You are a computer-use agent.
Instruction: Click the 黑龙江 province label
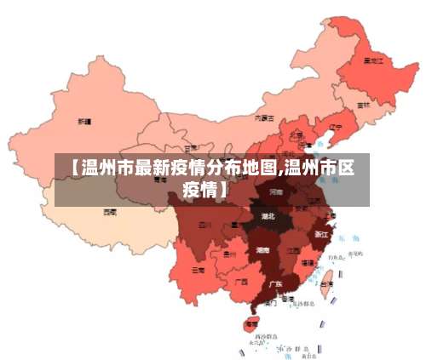pyautogui.click(x=372, y=61)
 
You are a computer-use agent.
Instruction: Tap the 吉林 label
pyautogui.click(x=363, y=104)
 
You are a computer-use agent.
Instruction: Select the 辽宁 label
pyautogui.click(x=335, y=128)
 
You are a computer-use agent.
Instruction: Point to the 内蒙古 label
pyautogui.click(x=265, y=118)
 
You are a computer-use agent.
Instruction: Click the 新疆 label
pyautogui.click(x=84, y=122)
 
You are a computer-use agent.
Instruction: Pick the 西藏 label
pyautogui.click(x=110, y=211)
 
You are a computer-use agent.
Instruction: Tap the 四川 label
pyautogui.click(x=204, y=226)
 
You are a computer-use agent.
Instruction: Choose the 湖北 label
pyautogui.click(x=268, y=216)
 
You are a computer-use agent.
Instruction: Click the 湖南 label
pyautogui.click(x=262, y=251)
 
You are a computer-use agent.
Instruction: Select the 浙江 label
pyautogui.click(x=321, y=233)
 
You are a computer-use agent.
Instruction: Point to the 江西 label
pyautogui.click(x=292, y=251)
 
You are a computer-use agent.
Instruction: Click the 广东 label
pyautogui.click(x=276, y=283)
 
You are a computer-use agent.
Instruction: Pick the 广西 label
pyautogui.click(x=241, y=281)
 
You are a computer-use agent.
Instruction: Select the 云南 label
pyautogui.click(x=198, y=270)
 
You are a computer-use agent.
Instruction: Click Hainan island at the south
pyautogui.click(x=250, y=323)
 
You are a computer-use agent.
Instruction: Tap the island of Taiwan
pyautogui.click(x=324, y=277)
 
